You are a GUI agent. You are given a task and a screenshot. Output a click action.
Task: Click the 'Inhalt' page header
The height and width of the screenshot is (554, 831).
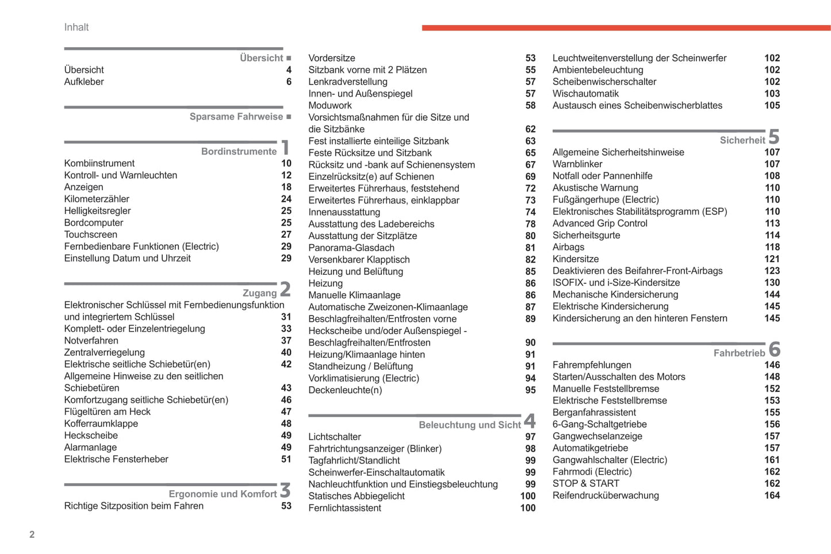click(76, 27)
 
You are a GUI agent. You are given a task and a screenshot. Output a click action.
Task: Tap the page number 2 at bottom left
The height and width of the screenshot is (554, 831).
click(32, 534)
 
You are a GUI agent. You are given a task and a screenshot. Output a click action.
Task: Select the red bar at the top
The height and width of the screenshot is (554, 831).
click(626, 28)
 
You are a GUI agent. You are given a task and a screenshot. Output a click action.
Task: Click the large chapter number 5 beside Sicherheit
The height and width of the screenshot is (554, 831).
click(774, 137)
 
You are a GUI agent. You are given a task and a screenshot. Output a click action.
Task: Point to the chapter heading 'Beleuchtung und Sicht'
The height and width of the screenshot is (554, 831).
click(469, 425)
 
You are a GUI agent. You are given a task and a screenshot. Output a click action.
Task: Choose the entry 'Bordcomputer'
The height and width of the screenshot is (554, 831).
click(94, 222)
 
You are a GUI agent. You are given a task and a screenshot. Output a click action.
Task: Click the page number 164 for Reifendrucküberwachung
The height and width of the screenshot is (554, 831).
click(772, 495)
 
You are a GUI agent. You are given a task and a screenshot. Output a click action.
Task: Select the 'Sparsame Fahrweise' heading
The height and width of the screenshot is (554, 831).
click(236, 117)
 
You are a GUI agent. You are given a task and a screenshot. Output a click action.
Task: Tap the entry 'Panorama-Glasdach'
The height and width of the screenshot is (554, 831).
click(351, 248)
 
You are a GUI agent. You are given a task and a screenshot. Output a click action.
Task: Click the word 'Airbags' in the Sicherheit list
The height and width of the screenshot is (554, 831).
click(568, 247)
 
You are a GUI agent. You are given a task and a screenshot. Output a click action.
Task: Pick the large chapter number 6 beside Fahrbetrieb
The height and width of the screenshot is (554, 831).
click(775, 349)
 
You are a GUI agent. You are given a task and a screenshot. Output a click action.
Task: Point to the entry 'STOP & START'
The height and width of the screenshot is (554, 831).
click(586, 483)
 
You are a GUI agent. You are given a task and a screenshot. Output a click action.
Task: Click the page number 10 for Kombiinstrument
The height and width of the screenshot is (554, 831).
click(286, 163)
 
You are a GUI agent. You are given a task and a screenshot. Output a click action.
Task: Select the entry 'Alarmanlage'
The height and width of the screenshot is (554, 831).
click(90, 447)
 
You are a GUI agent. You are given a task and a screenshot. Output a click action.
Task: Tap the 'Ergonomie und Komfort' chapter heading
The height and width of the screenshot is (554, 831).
click(223, 494)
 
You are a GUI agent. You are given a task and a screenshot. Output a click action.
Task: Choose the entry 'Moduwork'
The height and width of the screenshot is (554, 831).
click(330, 105)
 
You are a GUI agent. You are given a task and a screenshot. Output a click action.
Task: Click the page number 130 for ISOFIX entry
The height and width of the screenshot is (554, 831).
click(772, 283)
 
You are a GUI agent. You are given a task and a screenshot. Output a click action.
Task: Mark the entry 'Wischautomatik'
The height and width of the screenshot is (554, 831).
click(585, 94)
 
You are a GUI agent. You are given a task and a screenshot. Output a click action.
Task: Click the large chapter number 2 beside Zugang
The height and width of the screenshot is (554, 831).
click(285, 288)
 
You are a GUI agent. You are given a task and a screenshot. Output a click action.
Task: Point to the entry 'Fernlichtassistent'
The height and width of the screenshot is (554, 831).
click(344, 508)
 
